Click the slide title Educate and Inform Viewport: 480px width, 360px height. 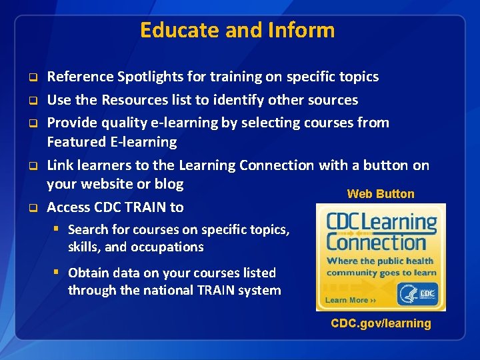click(x=237, y=30)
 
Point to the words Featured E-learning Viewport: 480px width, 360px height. click(x=111, y=142)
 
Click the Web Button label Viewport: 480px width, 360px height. click(x=381, y=194)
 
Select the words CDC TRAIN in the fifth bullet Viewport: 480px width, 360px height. click(x=127, y=207)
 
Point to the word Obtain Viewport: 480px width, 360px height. click(x=89, y=273)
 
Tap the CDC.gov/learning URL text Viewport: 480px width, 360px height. click(x=381, y=323)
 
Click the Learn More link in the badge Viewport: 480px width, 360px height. click(x=347, y=300)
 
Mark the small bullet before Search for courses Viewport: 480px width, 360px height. click(x=58, y=229)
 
